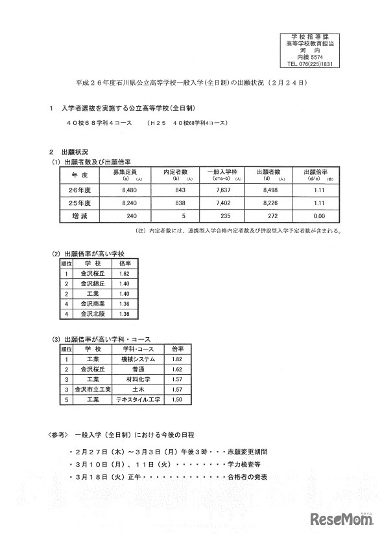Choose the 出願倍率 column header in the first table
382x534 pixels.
[317, 173]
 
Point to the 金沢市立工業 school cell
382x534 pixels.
[93, 390]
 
